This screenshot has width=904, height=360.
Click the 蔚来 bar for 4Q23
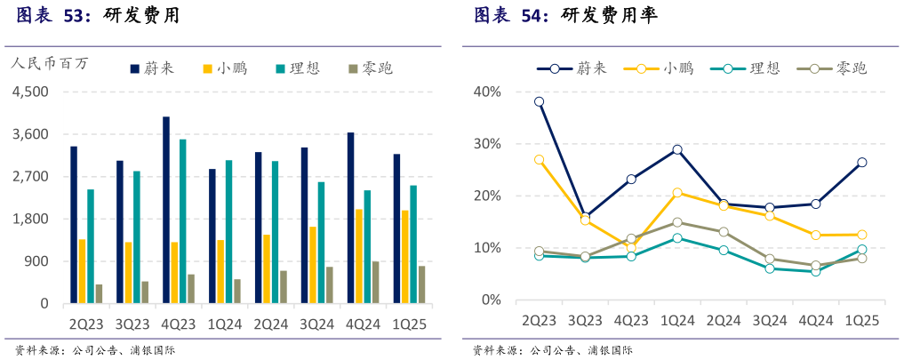[166, 210]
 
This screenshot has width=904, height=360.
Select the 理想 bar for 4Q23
[182, 221]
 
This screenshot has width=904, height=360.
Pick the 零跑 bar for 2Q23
[99, 293]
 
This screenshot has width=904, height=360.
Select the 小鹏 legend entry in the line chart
[659, 68]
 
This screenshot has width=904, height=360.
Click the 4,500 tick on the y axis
[31, 92]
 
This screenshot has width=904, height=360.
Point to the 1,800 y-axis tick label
[31, 219]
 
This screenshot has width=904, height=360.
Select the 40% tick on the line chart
[488, 92]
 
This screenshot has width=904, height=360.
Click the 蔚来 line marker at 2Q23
[539, 102]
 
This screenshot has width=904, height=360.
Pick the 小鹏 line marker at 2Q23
[539, 160]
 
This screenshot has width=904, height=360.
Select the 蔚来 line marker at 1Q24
[677, 149]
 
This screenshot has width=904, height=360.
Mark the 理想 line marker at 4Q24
[815, 271]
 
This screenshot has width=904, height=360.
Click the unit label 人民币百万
[50, 64]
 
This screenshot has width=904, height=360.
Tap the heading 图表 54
[511, 15]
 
